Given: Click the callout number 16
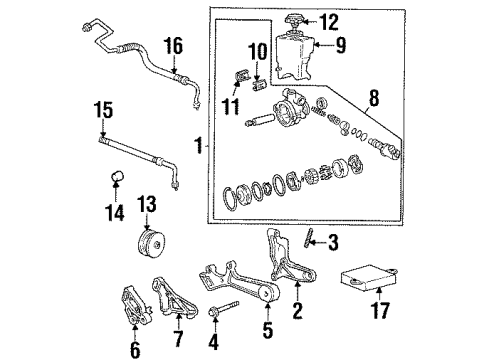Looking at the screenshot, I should [173, 47].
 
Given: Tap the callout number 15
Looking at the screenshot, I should [102, 110].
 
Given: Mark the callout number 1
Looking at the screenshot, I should [200, 145].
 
